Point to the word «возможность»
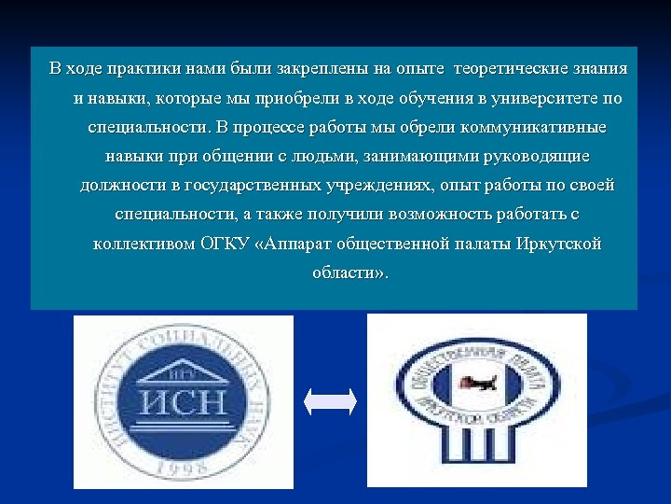click(x=420, y=215)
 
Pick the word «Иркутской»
click(x=560, y=245)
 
